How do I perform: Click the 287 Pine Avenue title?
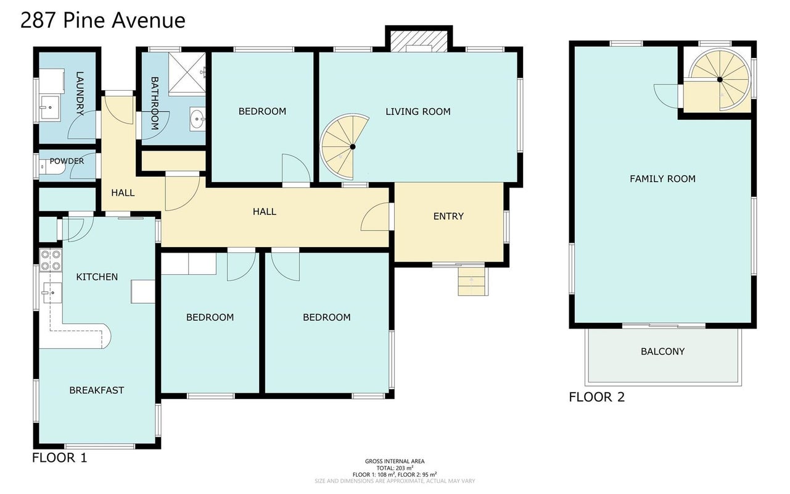102,20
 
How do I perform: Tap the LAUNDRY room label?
80,94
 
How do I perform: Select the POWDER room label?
67,161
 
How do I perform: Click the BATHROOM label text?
154,104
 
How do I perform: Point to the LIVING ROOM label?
418,112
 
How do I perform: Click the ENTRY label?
448,216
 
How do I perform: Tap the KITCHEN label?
97,277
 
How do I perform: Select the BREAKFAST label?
97,390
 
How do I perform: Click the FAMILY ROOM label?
663,178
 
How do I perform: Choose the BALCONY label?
663,351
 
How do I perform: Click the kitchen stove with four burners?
51,260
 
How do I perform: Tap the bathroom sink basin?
197,119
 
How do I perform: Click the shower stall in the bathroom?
187,73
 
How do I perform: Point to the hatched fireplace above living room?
419,41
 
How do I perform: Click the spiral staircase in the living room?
343,146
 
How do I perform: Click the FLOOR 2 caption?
597,397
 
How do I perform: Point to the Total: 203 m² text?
395,468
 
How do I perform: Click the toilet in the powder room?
51,167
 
